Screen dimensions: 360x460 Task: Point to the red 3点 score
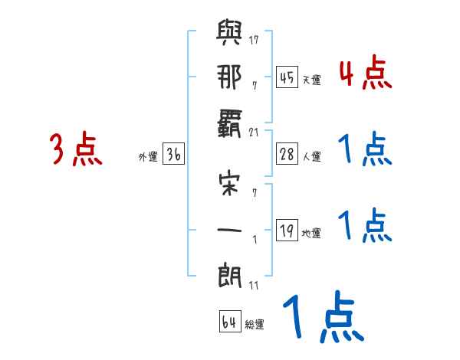[x=76, y=149]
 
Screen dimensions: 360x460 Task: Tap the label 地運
[x=312, y=234]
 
